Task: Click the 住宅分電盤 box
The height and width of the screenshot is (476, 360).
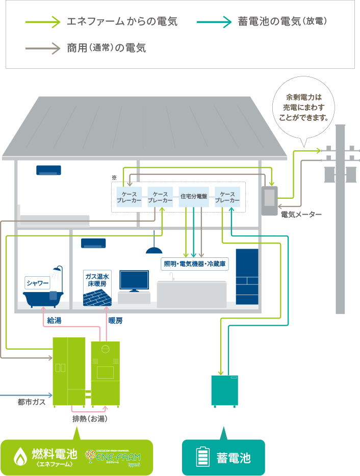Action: pyautogui.click(x=194, y=196)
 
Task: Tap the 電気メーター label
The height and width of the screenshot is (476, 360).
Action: pyautogui.click(x=301, y=215)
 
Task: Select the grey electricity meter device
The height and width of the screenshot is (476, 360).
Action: pyautogui.click(x=269, y=200)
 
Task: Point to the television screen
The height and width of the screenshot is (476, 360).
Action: pyautogui.click(x=134, y=280)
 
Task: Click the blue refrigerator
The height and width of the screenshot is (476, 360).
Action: pyautogui.click(x=247, y=277)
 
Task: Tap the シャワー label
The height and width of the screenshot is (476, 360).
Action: pyautogui.click(x=38, y=282)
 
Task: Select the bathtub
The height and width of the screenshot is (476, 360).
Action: pyautogui.click(x=44, y=298)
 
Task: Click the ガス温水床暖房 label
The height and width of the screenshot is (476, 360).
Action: pyautogui.click(x=97, y=279)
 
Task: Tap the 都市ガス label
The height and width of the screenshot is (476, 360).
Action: pyautogui.click(x=32, y=402)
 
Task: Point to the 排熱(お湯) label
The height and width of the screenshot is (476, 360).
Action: pyautogui.click(x=89, y=419)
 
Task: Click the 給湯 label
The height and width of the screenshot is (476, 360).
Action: pyautogui.click(x=54, y=321)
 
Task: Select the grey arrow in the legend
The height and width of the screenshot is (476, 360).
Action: pyautogui.click(x=42, y=48)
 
